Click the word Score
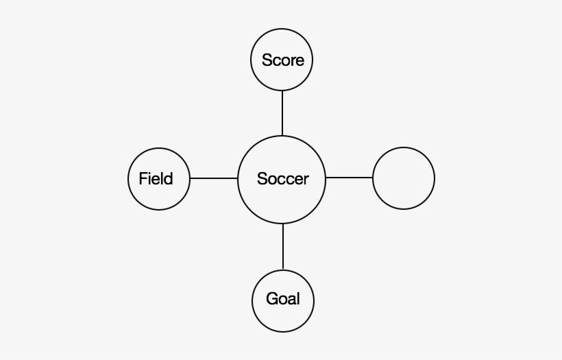(283, 60)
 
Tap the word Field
(156, 178)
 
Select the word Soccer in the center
(283, 178)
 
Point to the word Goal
(283, 299)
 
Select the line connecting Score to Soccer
(282, 113)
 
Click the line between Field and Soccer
(214, 178)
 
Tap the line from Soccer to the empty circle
(349, 178)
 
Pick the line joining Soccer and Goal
(283, 247)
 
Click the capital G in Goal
(272, 299)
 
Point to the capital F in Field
(143, 178)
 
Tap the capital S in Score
(267, 60)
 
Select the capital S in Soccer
(262, 178)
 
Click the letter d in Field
(168, 178)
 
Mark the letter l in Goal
(298, 299)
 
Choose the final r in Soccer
(306, 180)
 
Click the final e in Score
(300, 62)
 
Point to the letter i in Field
(151, 178)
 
